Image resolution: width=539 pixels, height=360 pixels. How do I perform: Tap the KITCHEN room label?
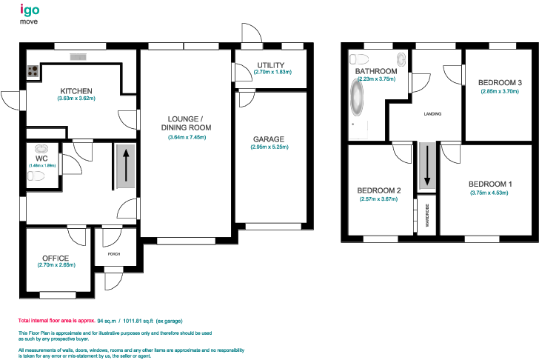click(x=76, y=90)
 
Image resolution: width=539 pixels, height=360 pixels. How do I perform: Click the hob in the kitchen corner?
click(x=33, y=72)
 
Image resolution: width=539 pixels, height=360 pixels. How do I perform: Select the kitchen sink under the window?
click(x=78, y=56)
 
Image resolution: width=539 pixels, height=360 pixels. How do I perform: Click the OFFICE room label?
click(x=56, y=258)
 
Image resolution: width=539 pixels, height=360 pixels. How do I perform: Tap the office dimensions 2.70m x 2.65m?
click(x=56, y=265)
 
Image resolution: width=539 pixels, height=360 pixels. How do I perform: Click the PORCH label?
click(x=113, y=254)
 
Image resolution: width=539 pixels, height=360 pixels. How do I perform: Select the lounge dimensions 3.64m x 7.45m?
click(x=190, y=137)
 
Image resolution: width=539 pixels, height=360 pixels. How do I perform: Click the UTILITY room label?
click(x=272, y=65)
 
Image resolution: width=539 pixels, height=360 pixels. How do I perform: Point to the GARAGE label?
click(x=268, y=139)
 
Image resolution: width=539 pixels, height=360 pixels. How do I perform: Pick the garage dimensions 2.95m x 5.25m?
click(x=268, y=147)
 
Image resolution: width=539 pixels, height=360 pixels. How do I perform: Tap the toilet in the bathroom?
click(x=358, y=59)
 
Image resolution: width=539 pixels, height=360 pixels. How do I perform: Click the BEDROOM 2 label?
click(x=379, y=190)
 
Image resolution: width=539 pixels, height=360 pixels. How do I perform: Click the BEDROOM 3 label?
click(x=500, y=82)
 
